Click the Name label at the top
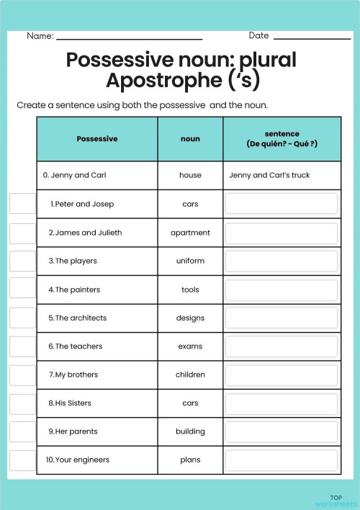click(x=40, y=36)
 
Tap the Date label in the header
click(x=258, y=35)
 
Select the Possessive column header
click(x=97, y=139)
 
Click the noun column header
click(x=190, y=139)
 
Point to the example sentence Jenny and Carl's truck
click(x=269, y=175)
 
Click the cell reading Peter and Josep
click(x=83, y=204)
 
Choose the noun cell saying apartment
click(x=190, y=233)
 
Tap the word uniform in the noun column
click(x=190, y=261)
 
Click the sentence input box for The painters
click(x=281, y=290)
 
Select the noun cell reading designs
click(x=190, y=318)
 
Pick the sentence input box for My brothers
click(x=281, y=375)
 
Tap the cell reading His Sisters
click(x=73, y=403)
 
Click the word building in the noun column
click(x=190, y=431)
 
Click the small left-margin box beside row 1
click(x=22, y=204)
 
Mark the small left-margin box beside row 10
click(x=22, y=460)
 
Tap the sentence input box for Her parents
click(x=281, y=431)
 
